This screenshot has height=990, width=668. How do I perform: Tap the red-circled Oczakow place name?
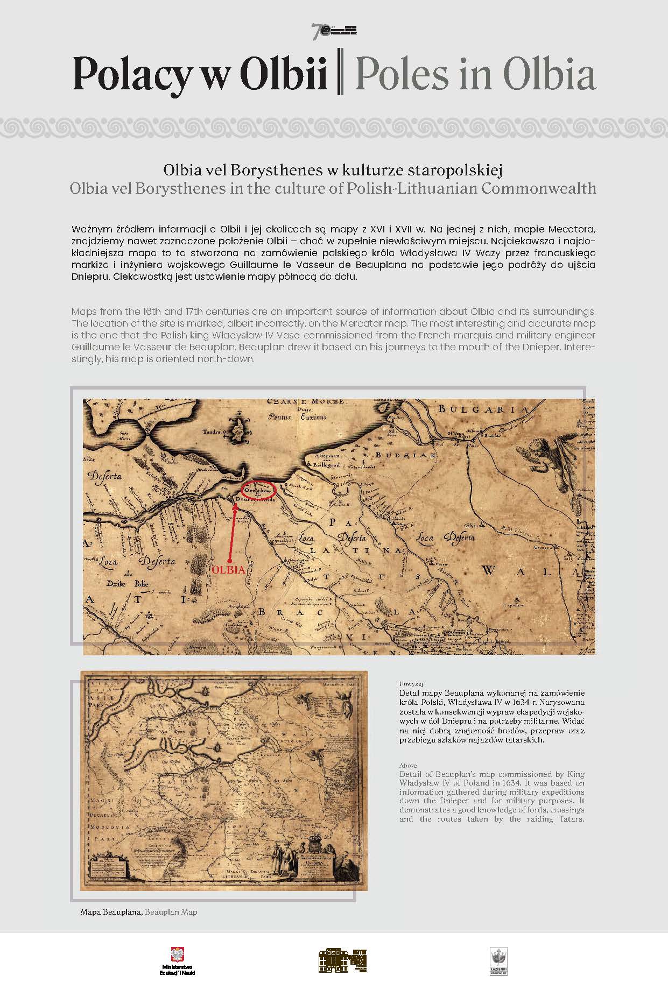click(257, 491)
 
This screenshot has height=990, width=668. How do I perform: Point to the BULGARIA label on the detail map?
click(483, 409)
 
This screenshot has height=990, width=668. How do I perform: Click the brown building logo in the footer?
click(343, 960)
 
